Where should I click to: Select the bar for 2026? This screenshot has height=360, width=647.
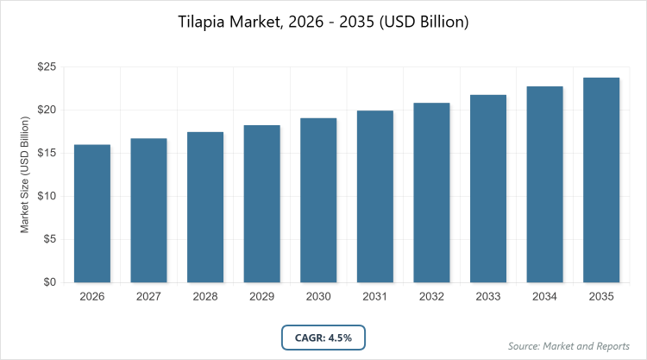point(91,213)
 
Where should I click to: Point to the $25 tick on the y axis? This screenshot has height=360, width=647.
point(47,66)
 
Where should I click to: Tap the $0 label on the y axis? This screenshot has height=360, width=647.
point(50,282)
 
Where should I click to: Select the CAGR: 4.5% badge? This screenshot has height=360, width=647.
point(323,337)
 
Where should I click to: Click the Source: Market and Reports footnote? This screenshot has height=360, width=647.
point(569,345)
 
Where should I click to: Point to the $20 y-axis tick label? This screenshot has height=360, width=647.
point(47,110)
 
